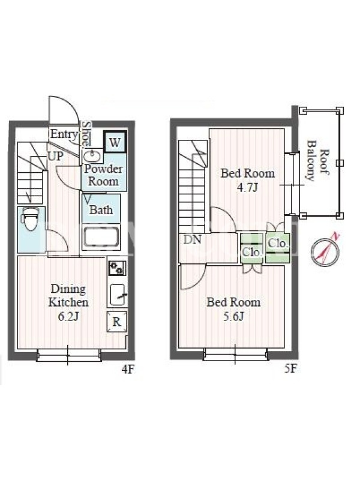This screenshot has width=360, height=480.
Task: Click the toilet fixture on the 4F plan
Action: click(x=29, y=219)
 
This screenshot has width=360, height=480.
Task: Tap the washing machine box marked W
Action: click(x=115, y=142)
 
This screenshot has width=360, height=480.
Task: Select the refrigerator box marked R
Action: click(x=116, y=322)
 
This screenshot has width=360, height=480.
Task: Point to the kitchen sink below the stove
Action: click(x=118, y=295)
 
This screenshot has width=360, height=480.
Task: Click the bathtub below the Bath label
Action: click(x=101, y=236)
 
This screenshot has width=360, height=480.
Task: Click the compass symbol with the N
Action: click(x=325, y=250)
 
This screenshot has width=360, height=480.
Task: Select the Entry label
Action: click(x=64, y=134)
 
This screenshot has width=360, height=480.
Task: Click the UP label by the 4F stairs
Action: click(x=55, y=157)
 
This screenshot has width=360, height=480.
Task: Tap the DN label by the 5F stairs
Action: click(x=192, y=239)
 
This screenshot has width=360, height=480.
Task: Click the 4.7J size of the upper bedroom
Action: click(x=247, y=187)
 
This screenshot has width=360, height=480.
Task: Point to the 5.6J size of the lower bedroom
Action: click(x=233, y=316)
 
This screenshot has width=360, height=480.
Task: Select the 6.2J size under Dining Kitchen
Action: click(x=68, y=316)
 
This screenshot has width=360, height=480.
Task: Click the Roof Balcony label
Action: click(x=318, y=161)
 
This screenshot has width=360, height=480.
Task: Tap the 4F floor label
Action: click(x=128, y=370)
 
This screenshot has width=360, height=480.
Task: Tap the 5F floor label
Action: click(x=290, y=368)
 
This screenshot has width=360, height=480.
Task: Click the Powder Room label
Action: click(x=103, y=175)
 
